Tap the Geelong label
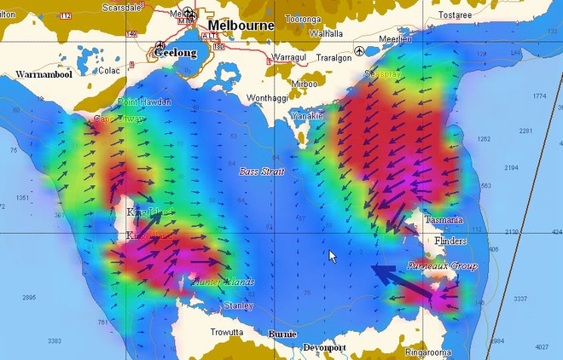point(175,52)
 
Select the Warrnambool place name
point(44,75)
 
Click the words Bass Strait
point(261,171)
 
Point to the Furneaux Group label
point(443,266)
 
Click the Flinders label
point(450,241)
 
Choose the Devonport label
point(325,348)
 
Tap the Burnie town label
point(281,334)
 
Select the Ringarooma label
point(451,351)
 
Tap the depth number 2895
point(29,297)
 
